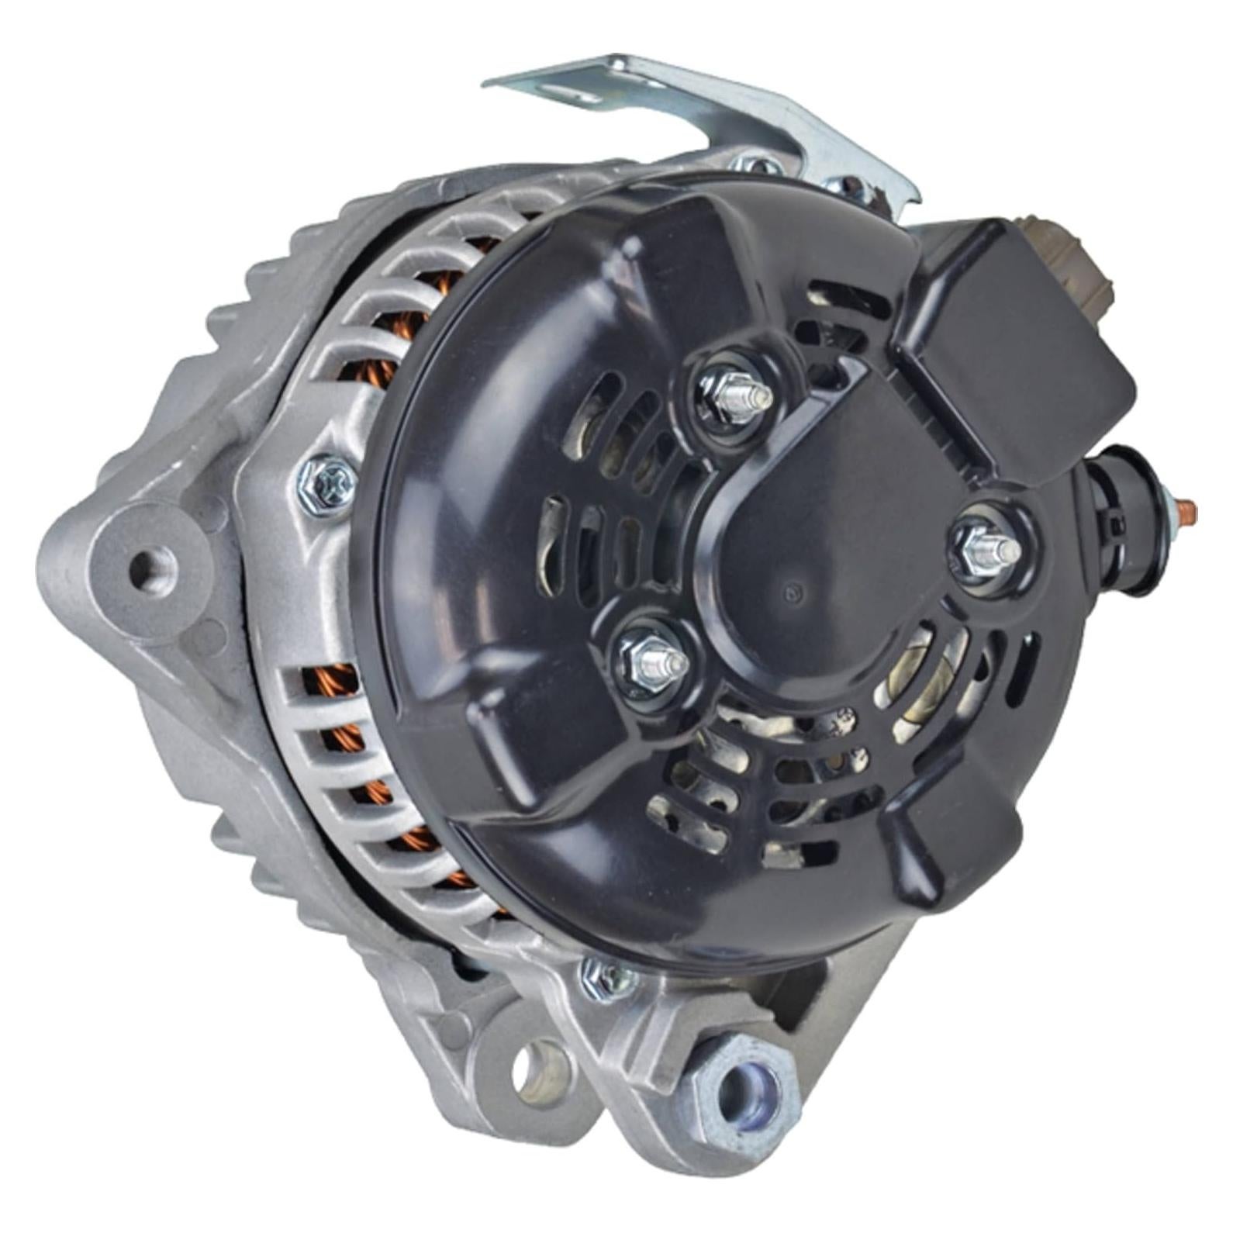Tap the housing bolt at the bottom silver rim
click(x=609, y=979)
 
